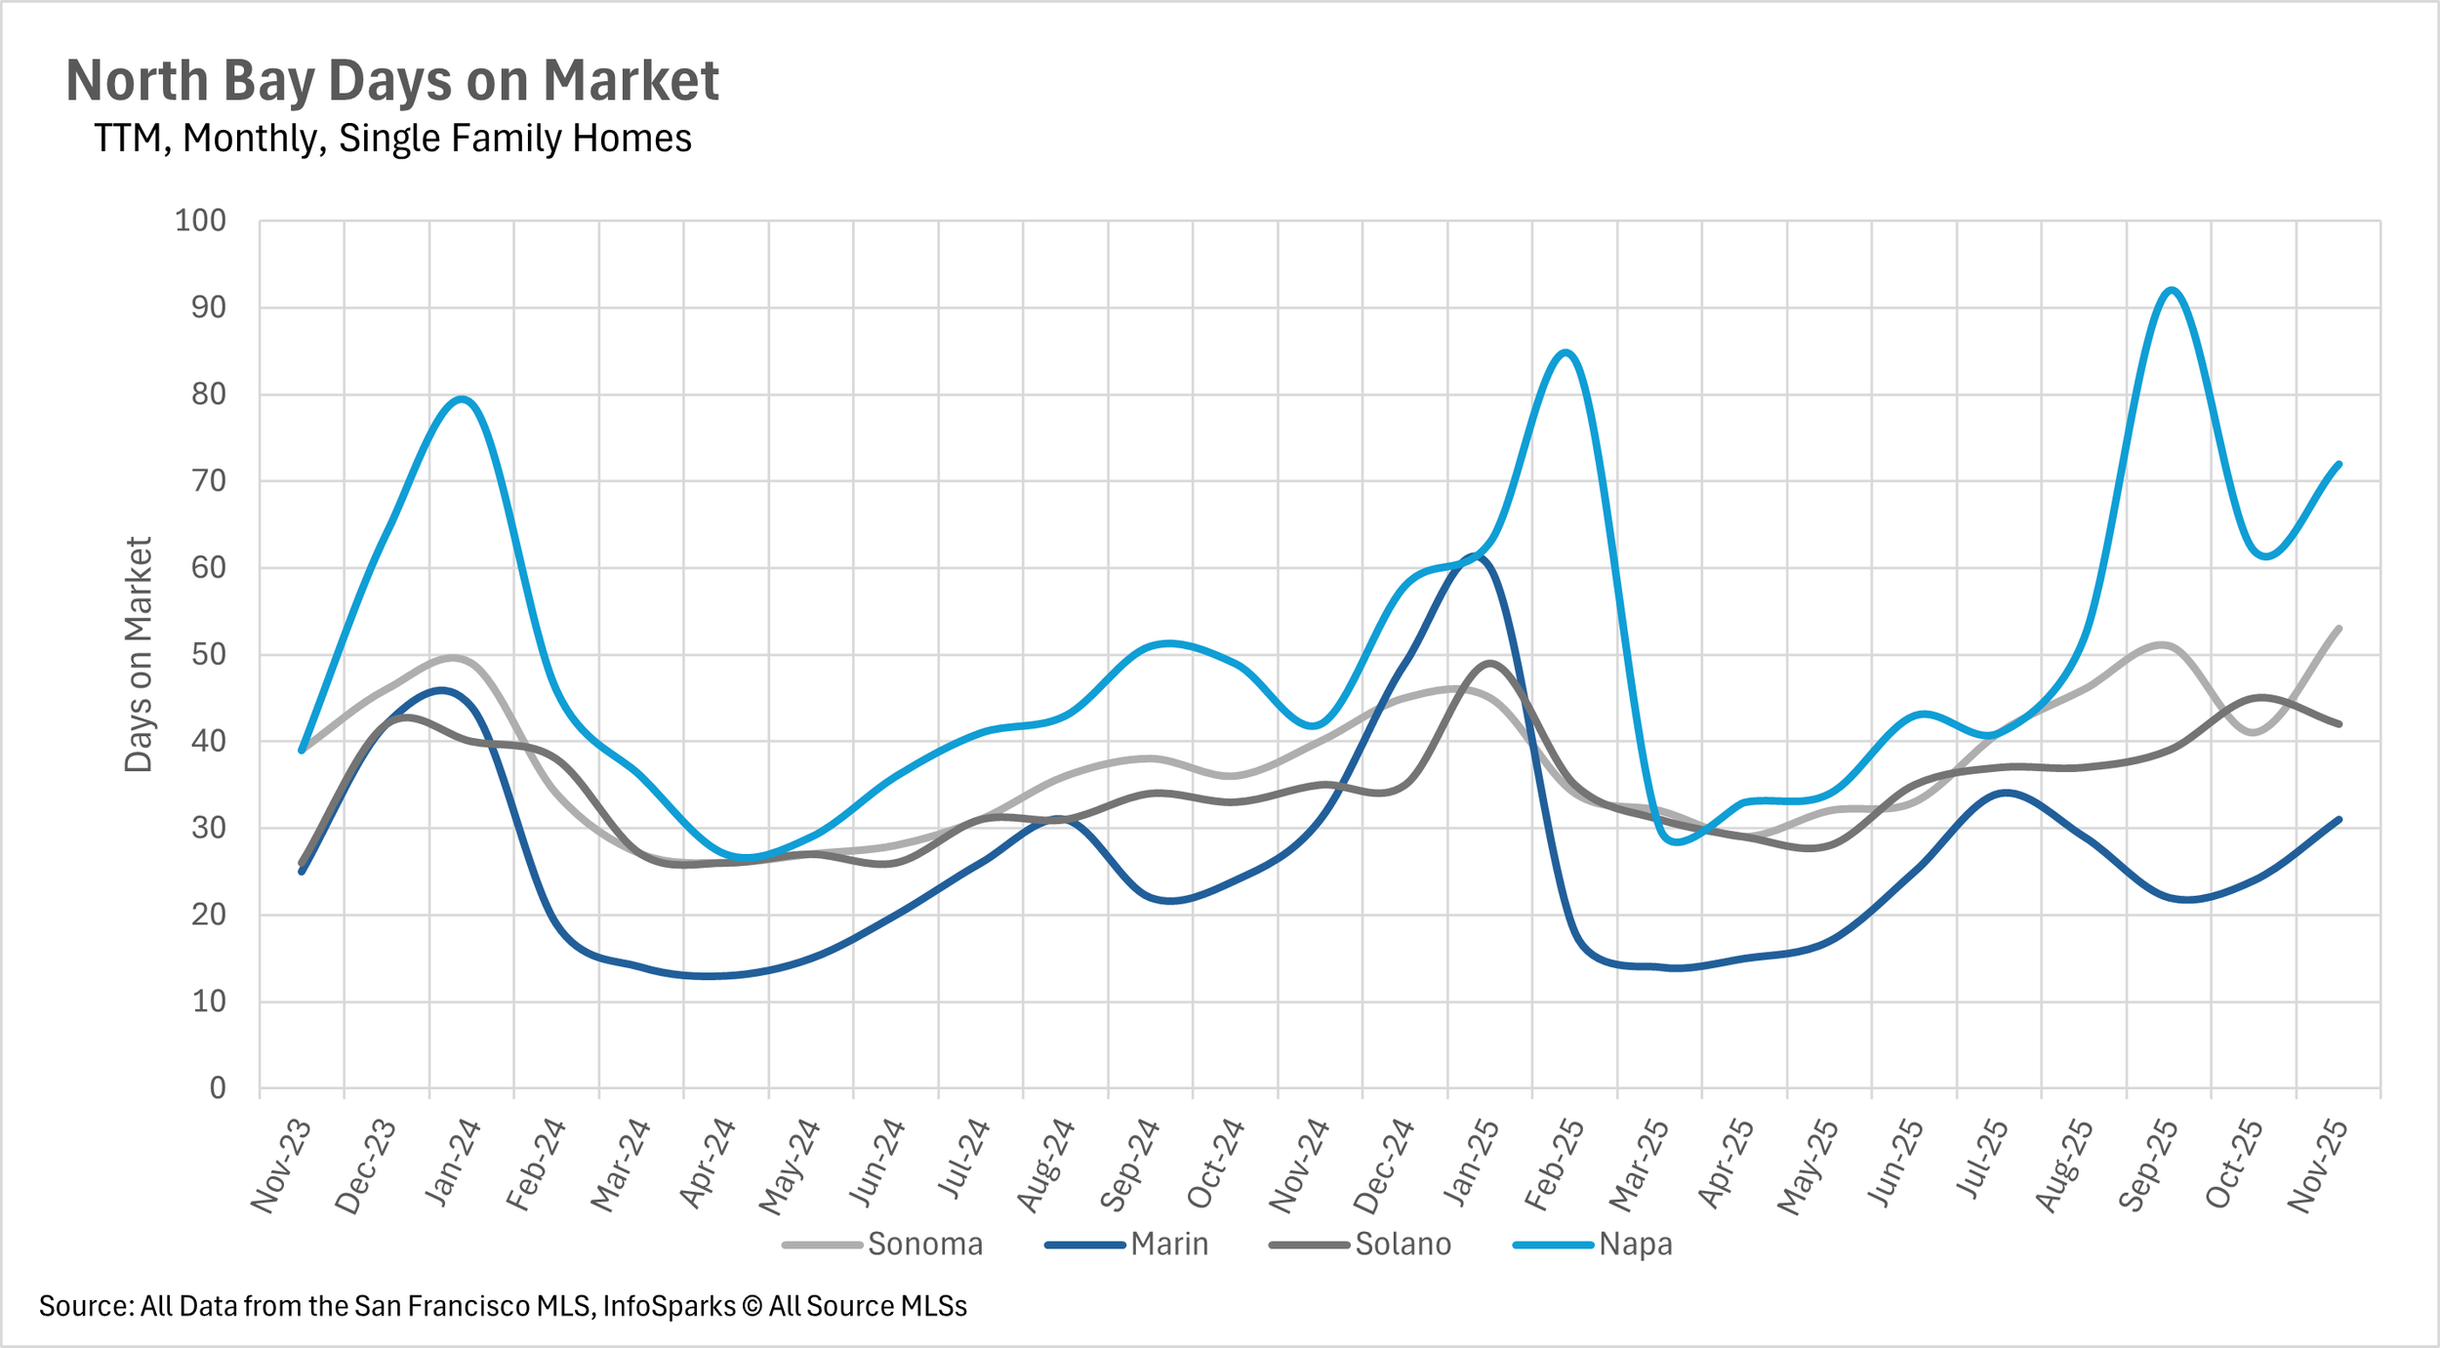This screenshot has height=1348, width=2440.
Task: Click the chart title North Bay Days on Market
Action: [392, 80]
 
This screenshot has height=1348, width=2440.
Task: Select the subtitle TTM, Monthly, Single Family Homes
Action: [392, 139]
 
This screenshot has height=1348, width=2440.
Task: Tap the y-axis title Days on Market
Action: [140, 654]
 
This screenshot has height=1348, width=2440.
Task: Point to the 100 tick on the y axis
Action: [200, 221]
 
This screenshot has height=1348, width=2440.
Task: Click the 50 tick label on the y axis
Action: [209, 654]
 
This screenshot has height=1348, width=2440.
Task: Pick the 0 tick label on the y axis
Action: [218, 1087]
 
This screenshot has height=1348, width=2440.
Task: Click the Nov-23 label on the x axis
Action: [281, 1165]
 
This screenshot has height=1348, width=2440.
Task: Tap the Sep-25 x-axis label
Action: [2148, 1164]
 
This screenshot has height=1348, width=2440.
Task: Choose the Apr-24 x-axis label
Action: [707, 1164]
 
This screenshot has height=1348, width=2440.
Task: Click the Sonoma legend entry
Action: [883, 1245]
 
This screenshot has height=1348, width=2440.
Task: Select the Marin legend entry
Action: [1127, 1245]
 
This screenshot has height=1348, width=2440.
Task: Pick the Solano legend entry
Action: [1361, 1245]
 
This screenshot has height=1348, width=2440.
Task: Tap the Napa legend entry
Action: [1593, 1245]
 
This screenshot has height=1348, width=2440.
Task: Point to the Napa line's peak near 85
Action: [1566, 352]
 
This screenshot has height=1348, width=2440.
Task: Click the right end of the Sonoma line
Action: [2339, 629]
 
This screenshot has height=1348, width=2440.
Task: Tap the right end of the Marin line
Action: [2339, 820]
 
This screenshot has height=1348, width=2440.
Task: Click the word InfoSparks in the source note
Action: [670, 1306]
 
